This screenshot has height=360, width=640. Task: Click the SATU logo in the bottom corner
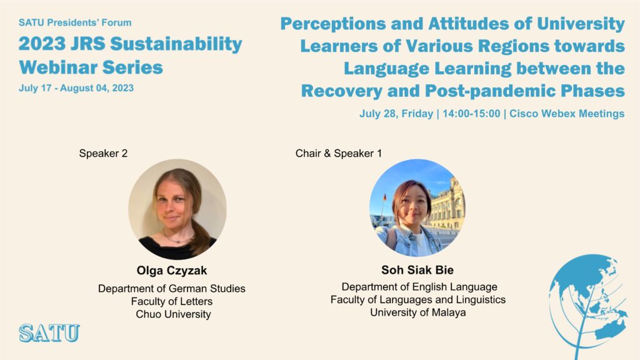point(49,332)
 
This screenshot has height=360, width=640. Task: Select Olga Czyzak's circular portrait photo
point(177,209)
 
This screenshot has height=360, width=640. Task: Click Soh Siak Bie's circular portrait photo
point(417,207)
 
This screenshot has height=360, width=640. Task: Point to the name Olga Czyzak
point(172,271)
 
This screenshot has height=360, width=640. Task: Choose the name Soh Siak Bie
point(417,270)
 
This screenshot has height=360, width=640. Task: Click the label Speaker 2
point(103,154)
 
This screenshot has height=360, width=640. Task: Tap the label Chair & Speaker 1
point(338,154)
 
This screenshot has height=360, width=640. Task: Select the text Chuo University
point(174,314)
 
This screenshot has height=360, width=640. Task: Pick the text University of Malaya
point(418,312)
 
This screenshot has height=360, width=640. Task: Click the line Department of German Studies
point(172,289)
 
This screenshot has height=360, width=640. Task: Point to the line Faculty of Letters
point(172,302)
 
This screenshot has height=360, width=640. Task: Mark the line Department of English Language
point(419,287)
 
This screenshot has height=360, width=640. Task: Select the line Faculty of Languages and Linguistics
point(418,300)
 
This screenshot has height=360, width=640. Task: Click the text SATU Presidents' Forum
point(75,23)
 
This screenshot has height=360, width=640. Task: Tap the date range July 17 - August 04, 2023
point(76,88)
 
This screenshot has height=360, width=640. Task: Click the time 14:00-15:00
point(471,114)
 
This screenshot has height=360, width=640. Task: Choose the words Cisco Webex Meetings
point(567,114)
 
